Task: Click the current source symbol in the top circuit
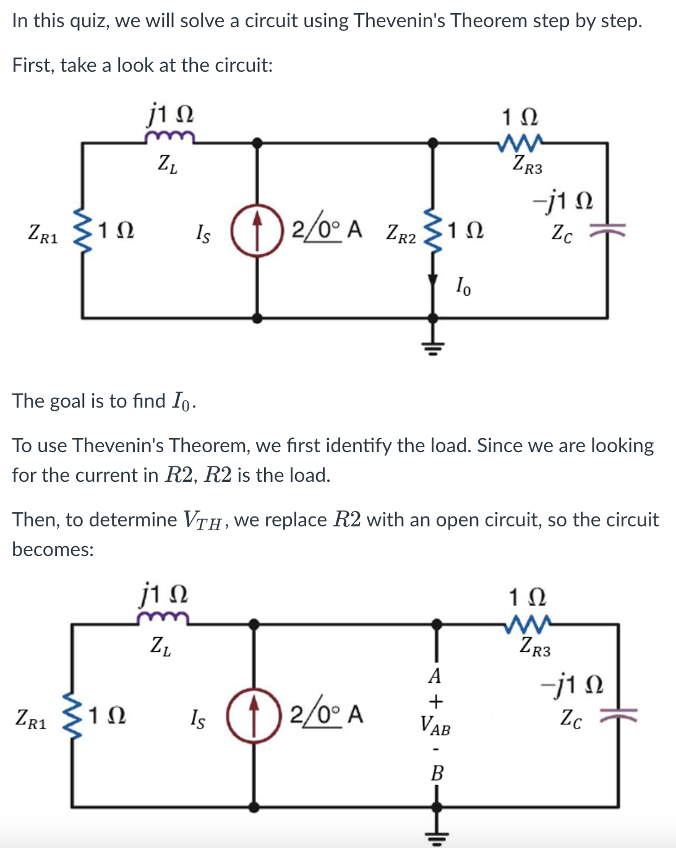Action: tap(257, 238)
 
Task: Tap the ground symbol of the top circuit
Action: tap(434, 346)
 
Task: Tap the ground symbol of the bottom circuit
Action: tap(437, 836)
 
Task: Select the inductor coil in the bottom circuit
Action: tap(163, 617)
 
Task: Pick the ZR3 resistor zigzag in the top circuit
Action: tap(521, 143)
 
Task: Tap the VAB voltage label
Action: tap(435, 724)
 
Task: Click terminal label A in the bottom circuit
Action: tap(435, 675)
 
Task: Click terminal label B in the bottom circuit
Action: tap(437, 773)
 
